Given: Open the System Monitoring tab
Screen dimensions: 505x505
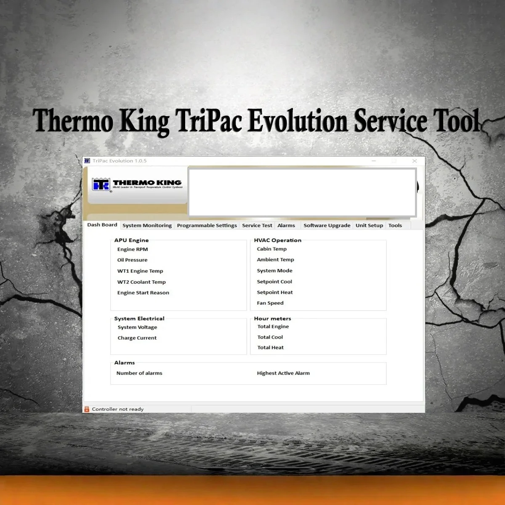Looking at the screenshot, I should (147, 226).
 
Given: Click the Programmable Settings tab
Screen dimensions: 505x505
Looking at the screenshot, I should (207, 226).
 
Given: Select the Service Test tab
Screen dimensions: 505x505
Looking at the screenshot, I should (257, 226).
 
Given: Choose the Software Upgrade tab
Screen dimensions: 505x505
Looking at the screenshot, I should (327, 226).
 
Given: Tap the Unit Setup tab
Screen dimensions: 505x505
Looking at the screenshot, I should (369, 226).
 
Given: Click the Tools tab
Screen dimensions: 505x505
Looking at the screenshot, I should (395, 226).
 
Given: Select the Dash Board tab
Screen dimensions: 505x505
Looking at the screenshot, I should (102, 225).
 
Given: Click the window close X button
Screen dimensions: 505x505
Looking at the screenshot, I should (415, 161).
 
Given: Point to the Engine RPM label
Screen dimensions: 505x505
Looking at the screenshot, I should (133, 249).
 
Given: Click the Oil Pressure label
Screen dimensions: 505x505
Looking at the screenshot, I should (132, 260).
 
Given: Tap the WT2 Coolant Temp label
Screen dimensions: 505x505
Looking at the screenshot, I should (141, 282).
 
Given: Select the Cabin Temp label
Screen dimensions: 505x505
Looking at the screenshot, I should (271, 249).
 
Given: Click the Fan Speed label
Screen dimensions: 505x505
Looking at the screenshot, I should (270, 303).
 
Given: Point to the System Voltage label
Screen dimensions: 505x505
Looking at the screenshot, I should (137, 327).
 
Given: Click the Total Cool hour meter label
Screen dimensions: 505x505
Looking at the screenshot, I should (270, 337).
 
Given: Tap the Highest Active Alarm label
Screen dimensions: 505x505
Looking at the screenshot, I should (283, 373).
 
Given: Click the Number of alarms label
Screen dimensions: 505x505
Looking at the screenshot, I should (139, 373).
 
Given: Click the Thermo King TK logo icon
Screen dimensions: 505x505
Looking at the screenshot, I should (101, 184).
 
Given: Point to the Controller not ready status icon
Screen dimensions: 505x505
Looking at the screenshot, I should (87, 409).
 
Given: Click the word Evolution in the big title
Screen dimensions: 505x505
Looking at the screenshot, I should (297, 121).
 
